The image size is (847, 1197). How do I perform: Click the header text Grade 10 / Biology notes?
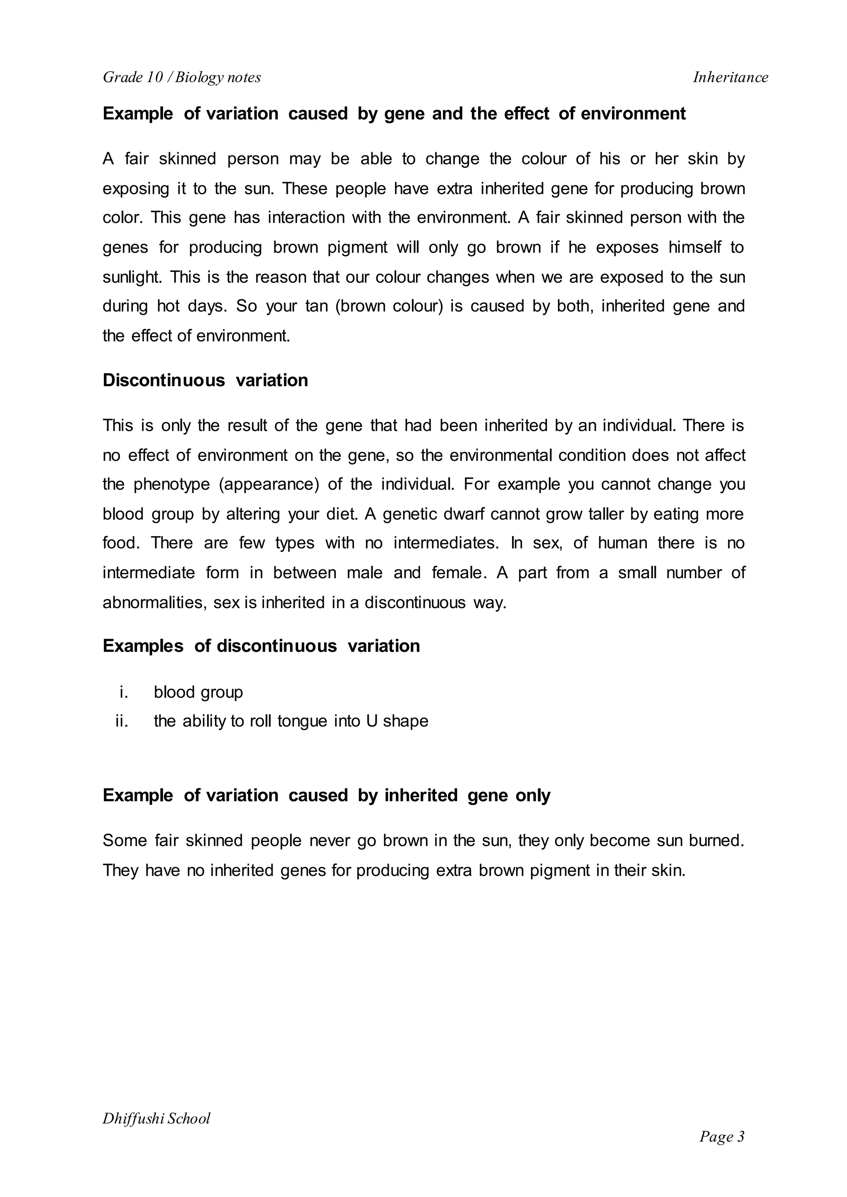click(x=182, y=77)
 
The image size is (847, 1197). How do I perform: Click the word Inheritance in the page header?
click(x=730, y=77)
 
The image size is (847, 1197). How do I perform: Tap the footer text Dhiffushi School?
click(x=156, y=1119)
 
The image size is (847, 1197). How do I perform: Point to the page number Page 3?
click(x=722, y=1137)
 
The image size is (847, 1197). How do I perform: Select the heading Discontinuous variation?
click(x=205, y=381)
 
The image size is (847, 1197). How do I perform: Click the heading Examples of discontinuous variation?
click(x=261, y=646)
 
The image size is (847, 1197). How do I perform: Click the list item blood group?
click(x=198, y=692)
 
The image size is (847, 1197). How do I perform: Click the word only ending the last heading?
click(x=533, y=796)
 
